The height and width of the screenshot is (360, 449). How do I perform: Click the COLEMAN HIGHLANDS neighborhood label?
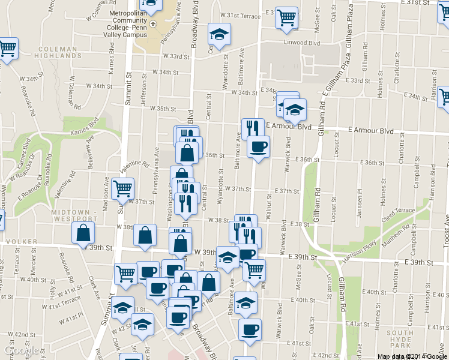click(x=58, y=52)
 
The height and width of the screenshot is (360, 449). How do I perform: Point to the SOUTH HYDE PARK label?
click(x=400, y=337)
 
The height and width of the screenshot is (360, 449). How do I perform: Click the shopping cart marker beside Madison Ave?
click(x=122, y=188)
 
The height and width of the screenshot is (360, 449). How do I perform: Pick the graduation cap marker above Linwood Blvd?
click(x=219, y=34)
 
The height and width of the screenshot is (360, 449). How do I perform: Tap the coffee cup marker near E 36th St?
click(x=258, y=146)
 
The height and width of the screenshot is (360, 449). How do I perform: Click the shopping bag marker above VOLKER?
click(x=83, y=233)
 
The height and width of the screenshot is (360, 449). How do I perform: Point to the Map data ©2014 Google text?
click(x=412, y=356)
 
